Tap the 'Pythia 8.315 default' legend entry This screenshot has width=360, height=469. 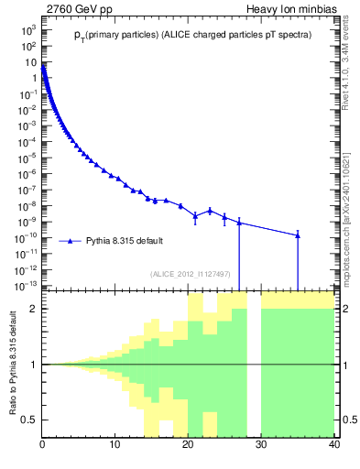coord(125,241)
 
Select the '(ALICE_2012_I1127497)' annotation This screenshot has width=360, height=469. coord(190,274)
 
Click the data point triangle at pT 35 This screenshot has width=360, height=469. coord(298,235)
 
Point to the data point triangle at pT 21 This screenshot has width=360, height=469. coord(195,216)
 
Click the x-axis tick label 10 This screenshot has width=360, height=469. coord(115,445)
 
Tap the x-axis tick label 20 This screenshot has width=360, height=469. coord(188,445)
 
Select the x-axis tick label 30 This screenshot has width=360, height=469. coord(261,445)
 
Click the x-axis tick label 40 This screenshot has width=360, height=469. coord(333,445)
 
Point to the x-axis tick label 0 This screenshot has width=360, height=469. coord(43,445)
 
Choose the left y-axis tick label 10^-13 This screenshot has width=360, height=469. coord(27,286)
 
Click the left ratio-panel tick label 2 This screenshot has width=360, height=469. coord(33,309)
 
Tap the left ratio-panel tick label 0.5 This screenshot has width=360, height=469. coord(29,420)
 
